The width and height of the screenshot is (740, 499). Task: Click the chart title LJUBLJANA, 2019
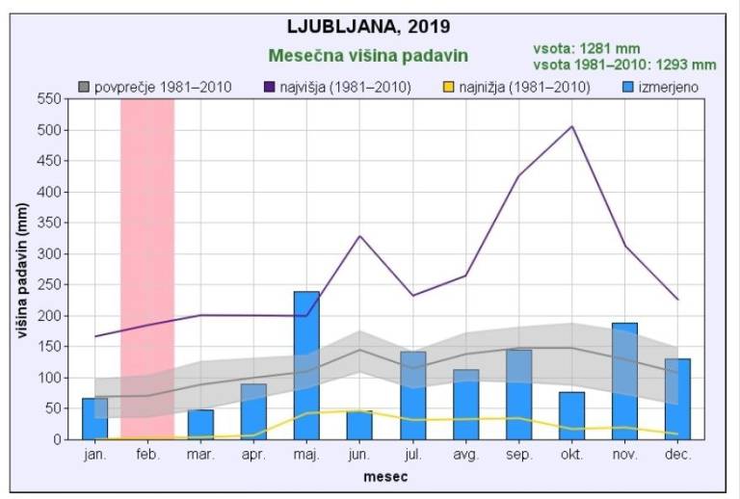pos(369,25)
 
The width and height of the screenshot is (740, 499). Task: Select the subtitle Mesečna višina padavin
pos(369,55)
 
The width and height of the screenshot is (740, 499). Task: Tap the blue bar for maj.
pos(306,365)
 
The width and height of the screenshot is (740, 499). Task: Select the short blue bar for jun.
pos(359,425)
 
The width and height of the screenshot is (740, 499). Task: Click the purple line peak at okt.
pos(571,126)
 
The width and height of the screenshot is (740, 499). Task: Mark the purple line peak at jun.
pos(359,236)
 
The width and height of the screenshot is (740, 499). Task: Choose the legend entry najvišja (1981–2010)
pos(337,88)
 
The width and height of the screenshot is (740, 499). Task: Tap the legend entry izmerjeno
pos(661,88)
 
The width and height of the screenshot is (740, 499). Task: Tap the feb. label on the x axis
pos(147,454)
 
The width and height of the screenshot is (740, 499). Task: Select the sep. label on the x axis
pos(518,454)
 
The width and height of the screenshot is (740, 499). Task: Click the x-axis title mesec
pos(385,477)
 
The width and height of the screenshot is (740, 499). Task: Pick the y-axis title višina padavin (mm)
pos(21,270)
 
